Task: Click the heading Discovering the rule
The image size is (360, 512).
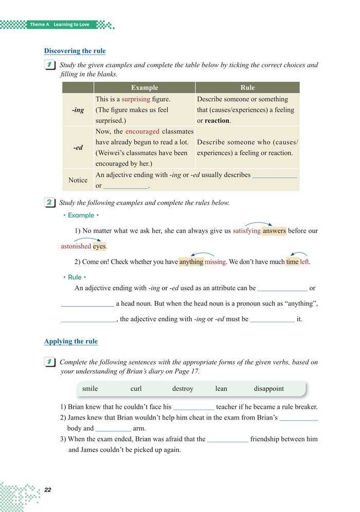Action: pos(75,51)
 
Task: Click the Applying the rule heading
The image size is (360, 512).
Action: pos(70,341)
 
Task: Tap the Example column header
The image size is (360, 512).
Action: pos(145,87)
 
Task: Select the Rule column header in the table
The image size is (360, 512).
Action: pos(247,87)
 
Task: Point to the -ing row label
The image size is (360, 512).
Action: pos(78,110)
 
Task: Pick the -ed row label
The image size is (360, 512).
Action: pos(78,148)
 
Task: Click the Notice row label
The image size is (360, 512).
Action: pos(78,180)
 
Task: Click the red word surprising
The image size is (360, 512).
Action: pos(136,99)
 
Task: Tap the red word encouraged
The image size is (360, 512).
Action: pos(142,132)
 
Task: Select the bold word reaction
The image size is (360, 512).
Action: pos(217,121)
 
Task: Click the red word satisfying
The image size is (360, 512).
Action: pos(246,231)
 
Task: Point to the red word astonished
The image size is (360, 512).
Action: pos(76,246)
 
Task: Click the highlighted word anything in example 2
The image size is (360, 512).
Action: pos(191,262)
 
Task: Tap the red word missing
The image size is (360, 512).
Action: pos(215,262)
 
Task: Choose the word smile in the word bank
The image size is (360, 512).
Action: pos(90,389)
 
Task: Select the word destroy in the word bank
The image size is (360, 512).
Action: pos(183,389)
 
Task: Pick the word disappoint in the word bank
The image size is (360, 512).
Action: pos(268,389)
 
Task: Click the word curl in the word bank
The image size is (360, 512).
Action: pos(136,389)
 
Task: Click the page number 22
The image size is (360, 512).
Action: pos(48,489)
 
